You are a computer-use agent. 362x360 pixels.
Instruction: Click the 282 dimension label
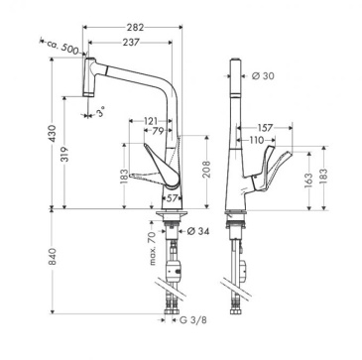pos(135,28)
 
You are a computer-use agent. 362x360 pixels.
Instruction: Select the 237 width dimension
pos(130,42)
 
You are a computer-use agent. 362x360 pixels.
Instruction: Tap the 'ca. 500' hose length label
pos(62,47)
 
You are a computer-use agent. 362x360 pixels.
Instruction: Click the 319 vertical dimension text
pos(65,154)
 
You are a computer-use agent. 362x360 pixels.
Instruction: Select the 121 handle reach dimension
pos(151,121)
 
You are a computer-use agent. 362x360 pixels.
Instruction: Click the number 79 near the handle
pos(159,131)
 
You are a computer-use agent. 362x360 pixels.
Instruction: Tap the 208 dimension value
pos(206,169)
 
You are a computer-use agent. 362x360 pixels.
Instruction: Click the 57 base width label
pos(172,198)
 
